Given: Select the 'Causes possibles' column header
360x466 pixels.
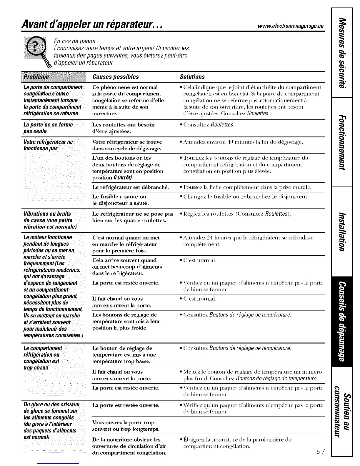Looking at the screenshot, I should click(115, 77).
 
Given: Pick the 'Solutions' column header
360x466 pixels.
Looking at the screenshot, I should click(192, 77).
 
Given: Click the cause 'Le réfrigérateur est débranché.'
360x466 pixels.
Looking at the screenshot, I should click(130, 187).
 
